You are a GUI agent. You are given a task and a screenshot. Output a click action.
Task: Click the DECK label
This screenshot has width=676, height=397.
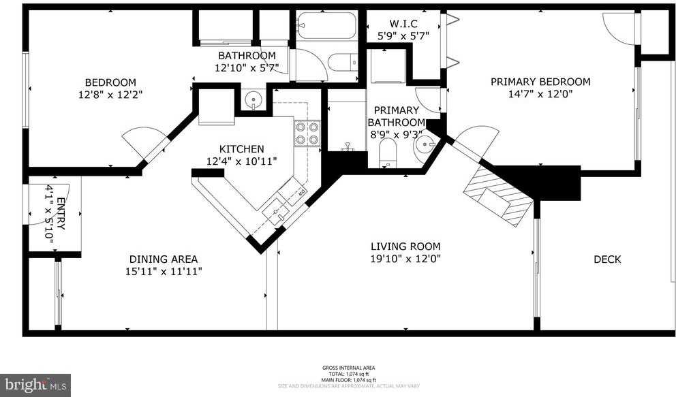click(606, 259)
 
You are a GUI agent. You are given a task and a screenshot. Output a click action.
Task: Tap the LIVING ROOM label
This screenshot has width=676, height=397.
click(405, 247)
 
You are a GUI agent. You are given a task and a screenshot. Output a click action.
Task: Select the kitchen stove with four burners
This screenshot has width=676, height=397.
click(307, 132)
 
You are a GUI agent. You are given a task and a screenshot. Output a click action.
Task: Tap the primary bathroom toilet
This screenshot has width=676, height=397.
click(387, 154)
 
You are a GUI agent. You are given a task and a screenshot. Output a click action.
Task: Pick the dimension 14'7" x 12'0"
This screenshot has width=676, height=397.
click(540, 95)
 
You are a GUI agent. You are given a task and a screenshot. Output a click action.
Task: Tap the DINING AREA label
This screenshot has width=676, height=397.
click(164, 259)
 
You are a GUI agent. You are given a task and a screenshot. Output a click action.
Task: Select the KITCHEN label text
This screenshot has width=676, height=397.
click(241, 149)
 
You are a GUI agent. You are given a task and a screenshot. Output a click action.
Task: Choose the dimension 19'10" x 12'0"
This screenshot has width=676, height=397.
click(405, 259)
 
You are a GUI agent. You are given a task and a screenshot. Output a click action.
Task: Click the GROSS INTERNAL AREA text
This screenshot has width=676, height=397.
click(348, 368)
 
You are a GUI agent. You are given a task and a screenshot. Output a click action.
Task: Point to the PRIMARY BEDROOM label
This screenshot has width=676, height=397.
click(540, 82)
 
